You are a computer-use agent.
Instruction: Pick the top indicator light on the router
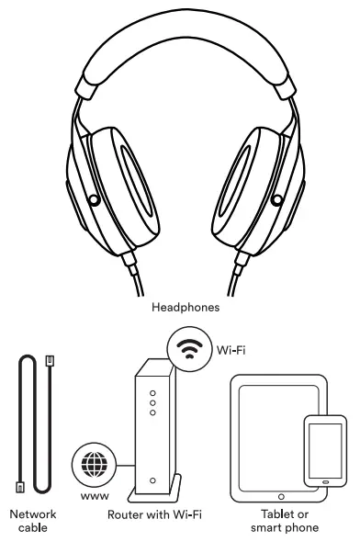tap(153, 389)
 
